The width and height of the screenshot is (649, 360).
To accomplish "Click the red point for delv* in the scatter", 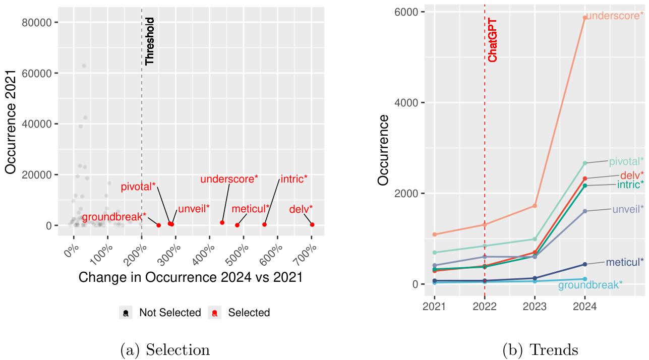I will pos(312,224).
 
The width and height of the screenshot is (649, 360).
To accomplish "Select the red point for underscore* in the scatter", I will pos(222,222).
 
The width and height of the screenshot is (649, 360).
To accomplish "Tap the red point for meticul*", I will pos(238,225).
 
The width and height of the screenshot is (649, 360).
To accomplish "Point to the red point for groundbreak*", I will pos(158,225).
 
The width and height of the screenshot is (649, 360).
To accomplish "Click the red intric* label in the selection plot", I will pos(294,179).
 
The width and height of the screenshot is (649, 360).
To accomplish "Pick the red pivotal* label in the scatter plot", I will pos(138,187).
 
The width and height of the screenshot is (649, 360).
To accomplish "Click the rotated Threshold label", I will pos(150,41).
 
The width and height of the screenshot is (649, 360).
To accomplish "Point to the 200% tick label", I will pos(136,251).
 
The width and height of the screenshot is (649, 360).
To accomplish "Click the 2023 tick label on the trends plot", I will pos(535,307).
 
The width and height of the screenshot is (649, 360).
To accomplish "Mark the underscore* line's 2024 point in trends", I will pos(585,18).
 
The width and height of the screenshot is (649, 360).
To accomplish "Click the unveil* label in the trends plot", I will pos(628,209).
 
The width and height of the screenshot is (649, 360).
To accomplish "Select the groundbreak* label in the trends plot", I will pos(590,285).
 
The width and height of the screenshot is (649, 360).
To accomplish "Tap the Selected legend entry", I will pos(249,313).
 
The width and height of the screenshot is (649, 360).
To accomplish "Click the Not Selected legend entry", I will pos(170,313).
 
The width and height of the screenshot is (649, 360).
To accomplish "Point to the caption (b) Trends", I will pos(540,349).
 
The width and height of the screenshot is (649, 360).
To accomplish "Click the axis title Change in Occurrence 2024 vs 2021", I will pos(191,277).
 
